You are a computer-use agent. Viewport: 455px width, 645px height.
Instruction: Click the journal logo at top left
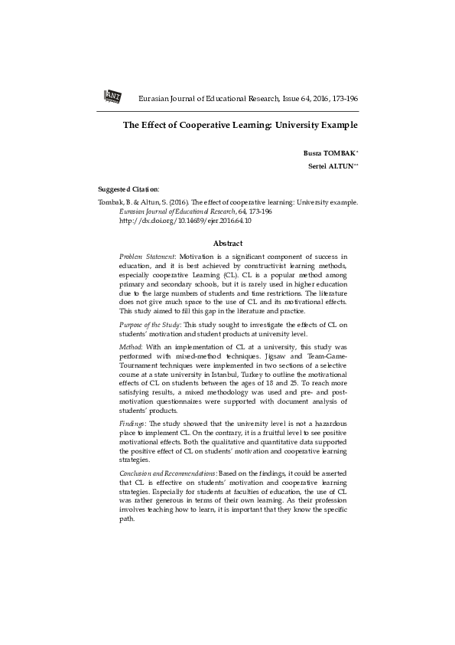pyautogui.click(x=112, y=96)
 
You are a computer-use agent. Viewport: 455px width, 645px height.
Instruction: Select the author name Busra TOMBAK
pyautogui.click(x=331, y=154)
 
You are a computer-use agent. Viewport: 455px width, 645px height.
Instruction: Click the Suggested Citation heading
pyautogui.click(x=128, y=188)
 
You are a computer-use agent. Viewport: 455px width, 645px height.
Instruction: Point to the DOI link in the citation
pyautogui.click(x=186, y=221)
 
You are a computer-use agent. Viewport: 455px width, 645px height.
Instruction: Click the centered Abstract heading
pyautogui.click(x=228, y=243)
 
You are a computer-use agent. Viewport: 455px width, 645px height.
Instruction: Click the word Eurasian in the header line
pyautogui.click(x=153, y=100)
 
